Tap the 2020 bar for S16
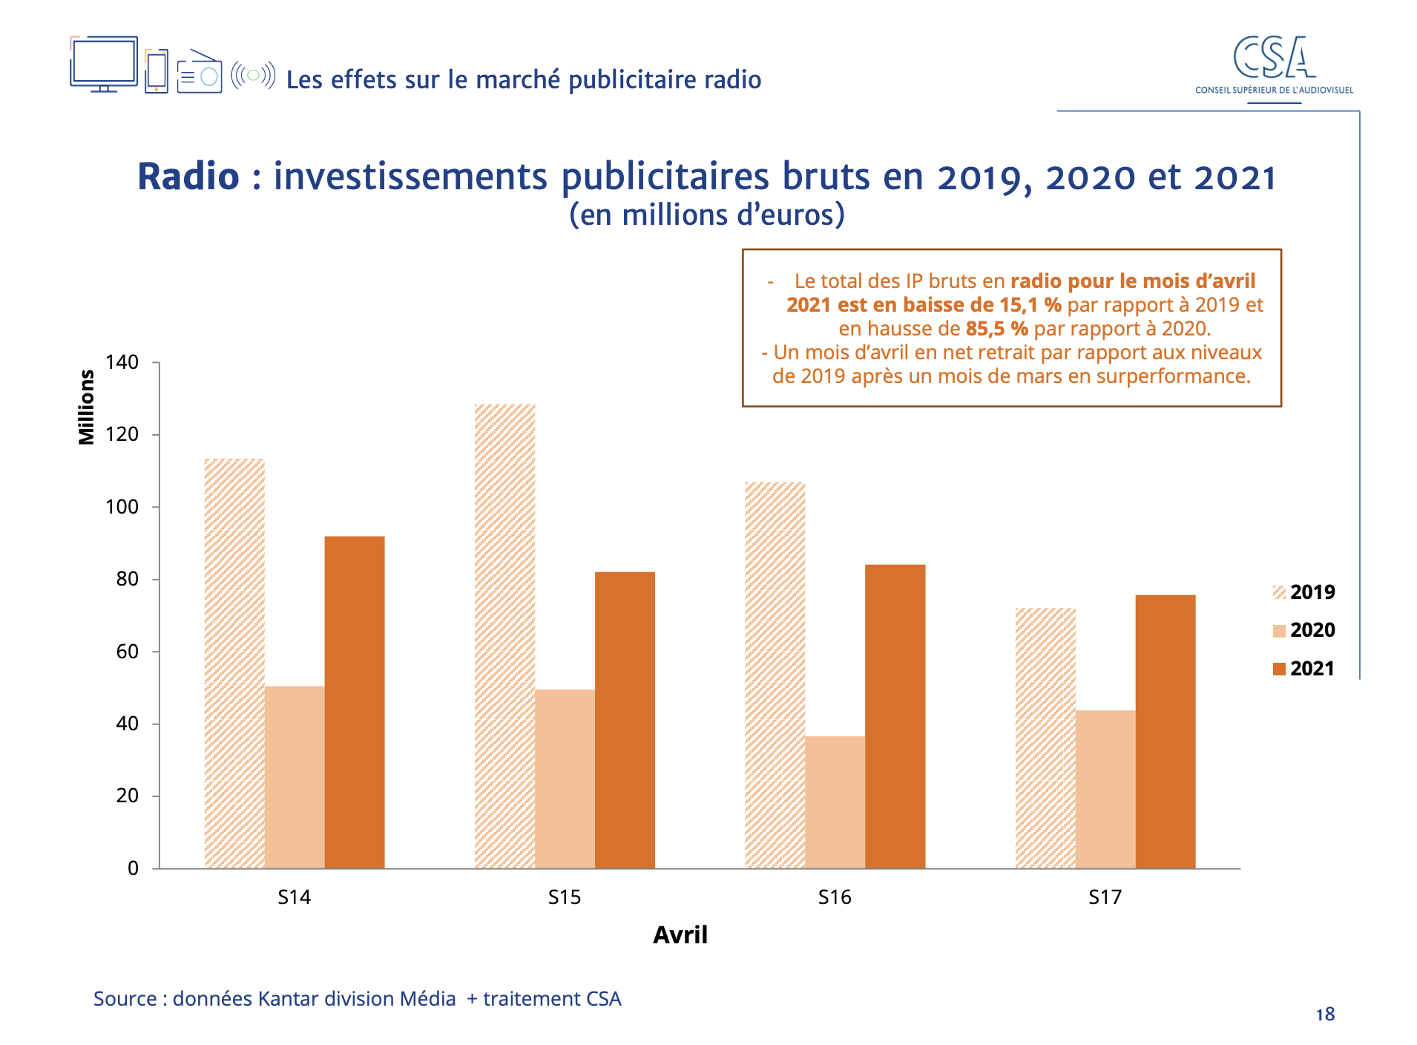pos(835,802)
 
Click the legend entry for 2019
pos(1303,592)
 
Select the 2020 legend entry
pos(1303,630)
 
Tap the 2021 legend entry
pos(1303,669)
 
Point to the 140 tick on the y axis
pos(122,362)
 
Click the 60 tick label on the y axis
pos(127,652)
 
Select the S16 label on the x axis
pos(835,897)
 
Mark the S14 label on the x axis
pos(295,897)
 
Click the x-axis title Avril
pos(680,934)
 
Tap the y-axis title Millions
pos(87,407)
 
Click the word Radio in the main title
pos(188,177)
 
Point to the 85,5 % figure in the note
pos(996,329)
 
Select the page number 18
pos(1325,1015)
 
